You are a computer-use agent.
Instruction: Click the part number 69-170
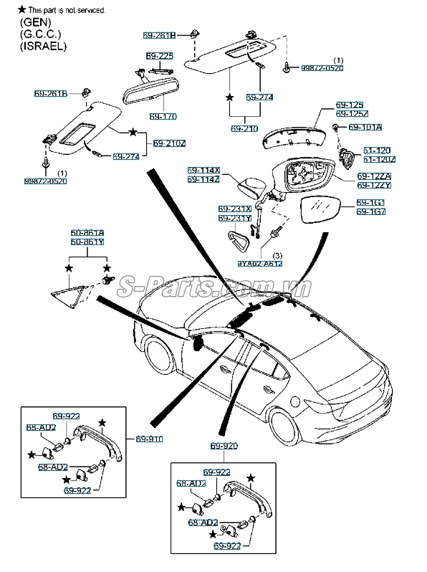click(163, 116)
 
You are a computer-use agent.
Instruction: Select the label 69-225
click(159, 55)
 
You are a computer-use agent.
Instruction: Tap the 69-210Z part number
click(169, 143)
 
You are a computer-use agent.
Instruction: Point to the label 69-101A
click(365, 128)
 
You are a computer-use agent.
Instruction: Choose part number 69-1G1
click(371, 203)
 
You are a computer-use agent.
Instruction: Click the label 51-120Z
click(376, 159)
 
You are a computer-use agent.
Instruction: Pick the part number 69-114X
click(204, 171)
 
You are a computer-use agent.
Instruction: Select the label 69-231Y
click(235, 218)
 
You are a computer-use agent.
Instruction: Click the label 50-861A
click(87, 233)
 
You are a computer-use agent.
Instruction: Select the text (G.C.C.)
click(40, 34)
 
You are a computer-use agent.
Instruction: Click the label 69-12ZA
click(371, 176)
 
